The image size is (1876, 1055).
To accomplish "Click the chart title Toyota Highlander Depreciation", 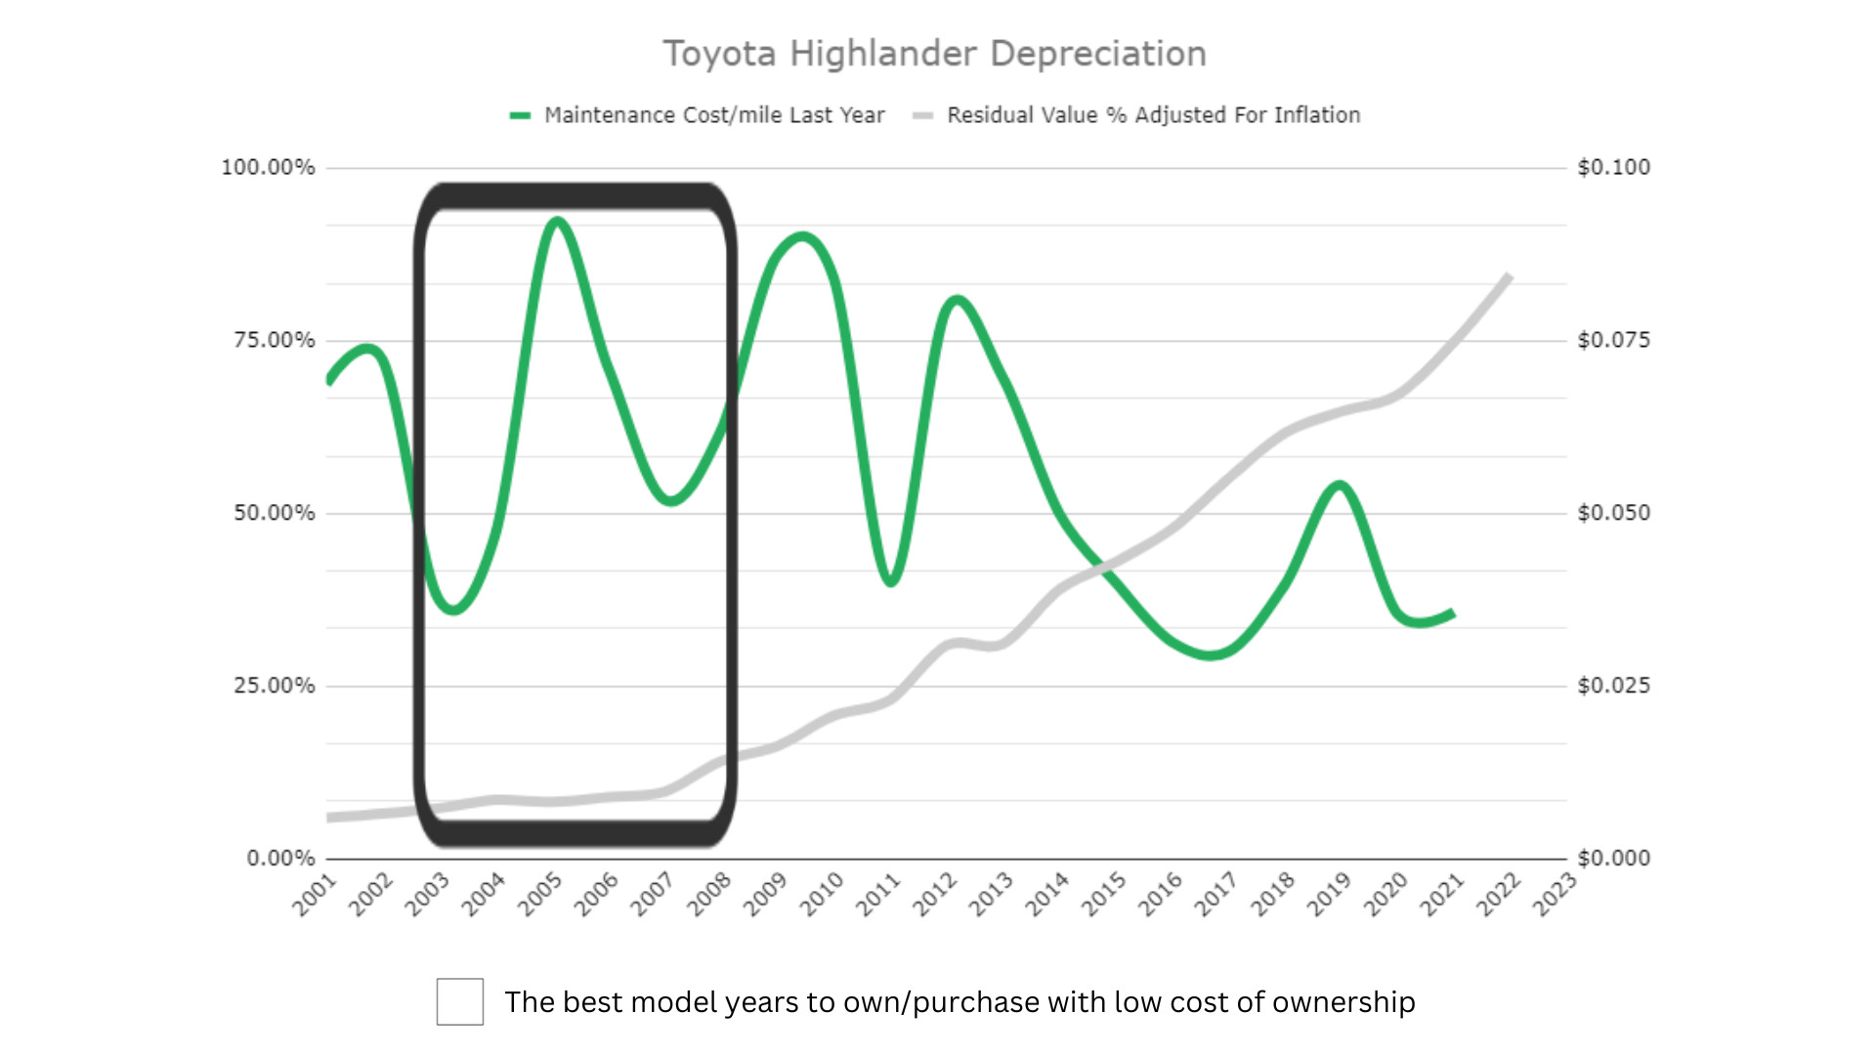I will pyautogui.click(x=934, y=54).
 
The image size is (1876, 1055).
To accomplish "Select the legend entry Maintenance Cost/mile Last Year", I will pyautogui.click(x=713, y=115).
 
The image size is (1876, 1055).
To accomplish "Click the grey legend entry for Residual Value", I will pyautogui.click(x=1153, y=115).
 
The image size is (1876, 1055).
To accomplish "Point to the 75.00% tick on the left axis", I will pyautogui.click(x=274, y=340).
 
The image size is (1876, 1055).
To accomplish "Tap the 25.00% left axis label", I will pyautogui.click(x=274, y=686).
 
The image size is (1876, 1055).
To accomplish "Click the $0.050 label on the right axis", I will pyautogui.click(x=1613, y=513).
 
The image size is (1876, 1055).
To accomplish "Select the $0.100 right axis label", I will pyautogui.click(x=1613, y=167).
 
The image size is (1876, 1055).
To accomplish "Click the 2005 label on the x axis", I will pyautogui.click(x=540, y=895).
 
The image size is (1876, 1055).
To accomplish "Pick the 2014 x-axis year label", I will pyautogui.click(x=1047, y=895).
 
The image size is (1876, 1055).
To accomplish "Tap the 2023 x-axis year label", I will pyautogui.click(x=1555, y=895).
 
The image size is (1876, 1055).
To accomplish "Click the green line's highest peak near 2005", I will pyautogui.click(x=557, y=222).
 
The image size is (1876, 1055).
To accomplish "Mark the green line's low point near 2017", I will pyautogui.click(x=1211, y=655).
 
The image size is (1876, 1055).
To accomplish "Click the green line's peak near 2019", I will pyautogui.click(x=1341, y=485).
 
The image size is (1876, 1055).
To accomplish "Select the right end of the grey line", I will pyautogui.click(x=1509, y=276).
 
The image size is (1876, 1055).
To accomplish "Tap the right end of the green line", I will pyautogui.click(x=1453, y=613).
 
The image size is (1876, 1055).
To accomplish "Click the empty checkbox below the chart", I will pyautogui.click(x=460, y=1001).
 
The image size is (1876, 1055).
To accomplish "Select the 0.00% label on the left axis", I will pyautogui.click(x=280, y=859).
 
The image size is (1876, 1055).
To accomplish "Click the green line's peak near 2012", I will pyautogui.click(x=957, y=299).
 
